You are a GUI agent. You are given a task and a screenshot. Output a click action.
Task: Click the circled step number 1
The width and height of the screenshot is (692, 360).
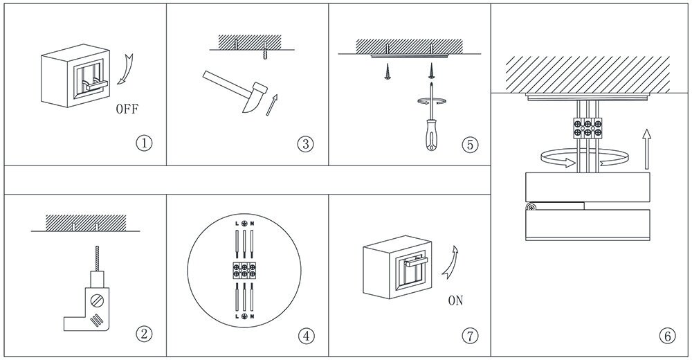(143, 144)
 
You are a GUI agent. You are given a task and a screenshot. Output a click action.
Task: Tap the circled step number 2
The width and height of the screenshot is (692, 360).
(143, 334)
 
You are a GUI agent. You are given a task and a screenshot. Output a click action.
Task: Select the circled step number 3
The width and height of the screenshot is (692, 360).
(305, 144)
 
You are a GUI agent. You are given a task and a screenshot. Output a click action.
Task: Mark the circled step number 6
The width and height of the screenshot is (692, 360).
(667, 336)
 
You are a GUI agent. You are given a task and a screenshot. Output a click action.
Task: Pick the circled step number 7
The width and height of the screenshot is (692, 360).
(469, 336)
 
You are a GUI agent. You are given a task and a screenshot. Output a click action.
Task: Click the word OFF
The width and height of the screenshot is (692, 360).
(127, 109)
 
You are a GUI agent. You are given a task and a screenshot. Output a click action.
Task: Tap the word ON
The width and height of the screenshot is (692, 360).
(455, 300)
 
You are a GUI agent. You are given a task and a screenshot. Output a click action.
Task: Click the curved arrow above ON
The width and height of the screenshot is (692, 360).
(453, 264)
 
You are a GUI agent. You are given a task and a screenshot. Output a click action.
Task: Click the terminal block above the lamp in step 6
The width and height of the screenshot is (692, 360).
(587, 127)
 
